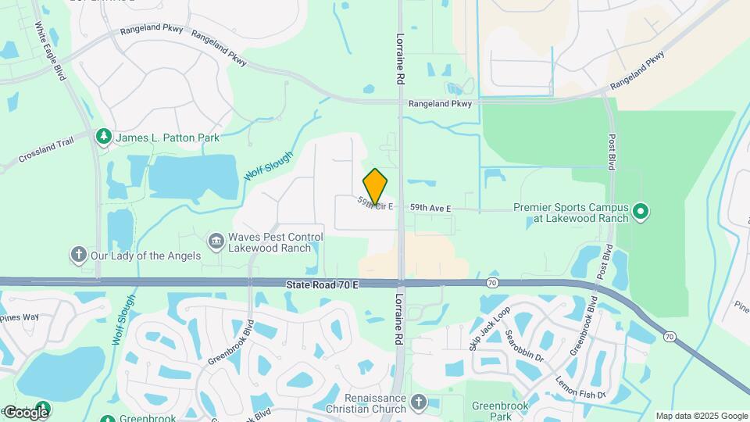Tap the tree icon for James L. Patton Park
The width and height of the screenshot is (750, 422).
(x=103, y=138)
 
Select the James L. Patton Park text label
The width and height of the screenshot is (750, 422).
(x=168, y=138)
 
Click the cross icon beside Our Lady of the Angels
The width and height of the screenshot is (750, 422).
(x=77, y=255)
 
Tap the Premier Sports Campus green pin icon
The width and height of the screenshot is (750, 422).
(x=641, y=212)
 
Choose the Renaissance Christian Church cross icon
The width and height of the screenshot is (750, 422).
(x=418, y=403)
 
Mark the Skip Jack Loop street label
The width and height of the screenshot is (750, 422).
(x=489, y=329)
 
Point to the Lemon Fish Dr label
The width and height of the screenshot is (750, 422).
(x=580, y=388)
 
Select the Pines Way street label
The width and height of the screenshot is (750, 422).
(x=20, y=317)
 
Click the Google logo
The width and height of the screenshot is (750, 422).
(x=26, y=412)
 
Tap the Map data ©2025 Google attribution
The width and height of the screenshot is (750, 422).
(x=701, y=416)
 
